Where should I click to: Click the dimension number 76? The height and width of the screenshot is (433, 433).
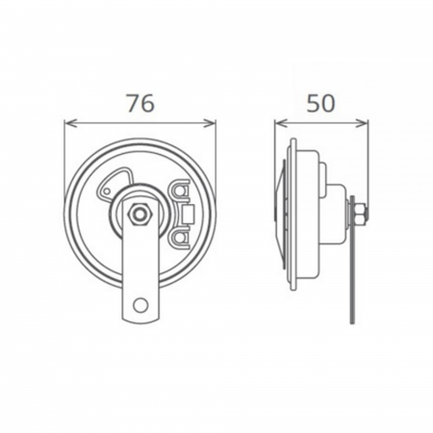140,104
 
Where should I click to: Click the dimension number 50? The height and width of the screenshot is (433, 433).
321,104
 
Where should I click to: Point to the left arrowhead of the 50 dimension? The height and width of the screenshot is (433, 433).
279,122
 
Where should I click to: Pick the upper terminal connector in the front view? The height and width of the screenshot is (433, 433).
184,192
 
